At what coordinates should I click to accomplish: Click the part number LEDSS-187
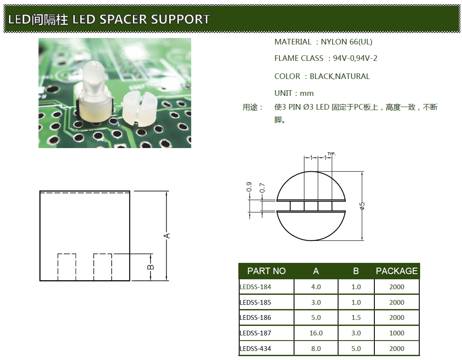pyautogui.click(x=255, y=333)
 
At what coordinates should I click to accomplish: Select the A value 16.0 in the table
pyautogui.click(x=316, y=333)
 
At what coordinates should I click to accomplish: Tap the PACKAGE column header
pyautogui.click(x=396, y=271)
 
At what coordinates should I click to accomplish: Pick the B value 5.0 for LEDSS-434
pyautogui.click(x=356, y=348)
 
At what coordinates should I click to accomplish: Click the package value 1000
pyautogui.click(x=396, y=333)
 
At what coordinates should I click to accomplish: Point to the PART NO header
pyautogui.click(x=266, y=271)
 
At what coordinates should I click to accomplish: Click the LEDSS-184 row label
pyautogui.click(x=255, y=287)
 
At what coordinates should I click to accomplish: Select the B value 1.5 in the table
pyautogui.click(x=356, y=317)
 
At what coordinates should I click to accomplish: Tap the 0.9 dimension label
pyautogui.click(x=249, y=187)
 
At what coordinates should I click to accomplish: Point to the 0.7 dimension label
pyautogui.click(x=262, y=188)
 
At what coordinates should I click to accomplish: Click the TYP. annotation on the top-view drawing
pyautogui.click(x=331, y=154)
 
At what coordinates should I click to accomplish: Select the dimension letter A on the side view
pyautogui.click(x=167, y=235)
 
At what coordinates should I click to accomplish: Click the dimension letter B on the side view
pyautogui.click(x=151, y=267)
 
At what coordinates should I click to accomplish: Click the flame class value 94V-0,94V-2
pyautogui.click(x=355, y=58)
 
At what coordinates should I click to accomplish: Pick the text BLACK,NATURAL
pyautogui.click(x=340, y=76)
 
